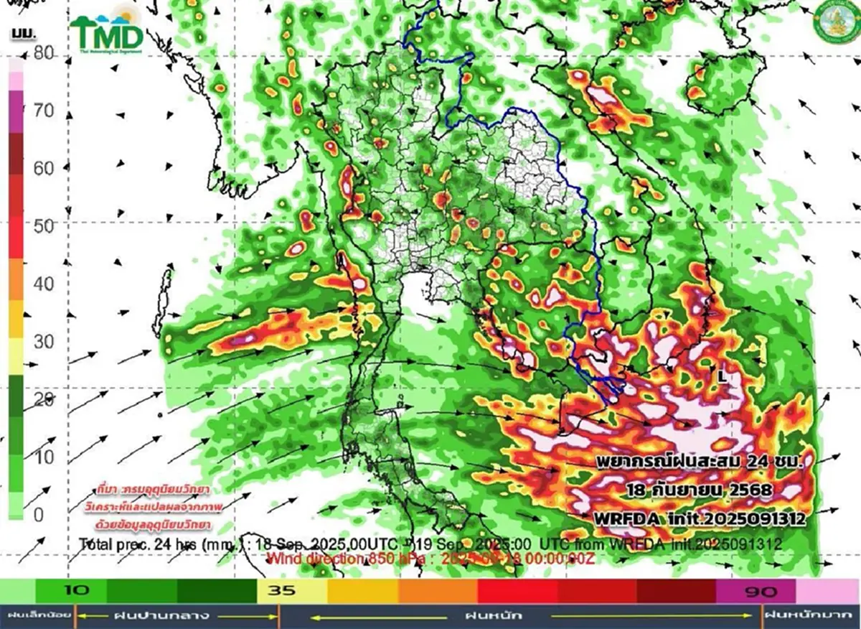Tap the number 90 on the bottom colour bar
[x=756, y=591]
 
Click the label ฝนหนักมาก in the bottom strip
[x=810, y=616]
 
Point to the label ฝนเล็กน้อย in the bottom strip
[x=37, y=616]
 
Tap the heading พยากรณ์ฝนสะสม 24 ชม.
[x=697, y=460]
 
